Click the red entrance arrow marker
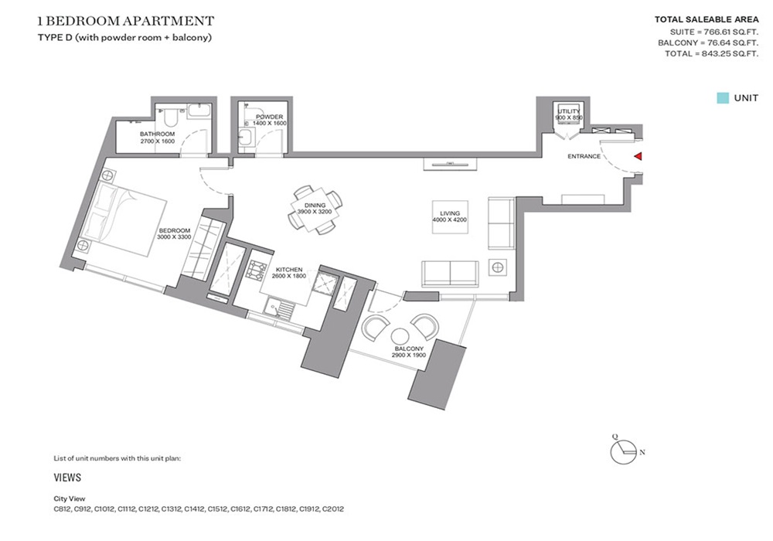coord(638,157)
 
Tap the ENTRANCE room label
coord(584,157)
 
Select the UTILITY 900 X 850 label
coord(570,115)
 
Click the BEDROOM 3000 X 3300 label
coord(175,234)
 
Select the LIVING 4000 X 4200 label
coord(450,217)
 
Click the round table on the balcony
coord(400,336)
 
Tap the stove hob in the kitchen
coord(255,270)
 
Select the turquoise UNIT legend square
coord(722,98)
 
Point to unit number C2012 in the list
coord(332,509)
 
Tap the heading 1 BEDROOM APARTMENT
coord(126,21)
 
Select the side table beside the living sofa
coord(498,268)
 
